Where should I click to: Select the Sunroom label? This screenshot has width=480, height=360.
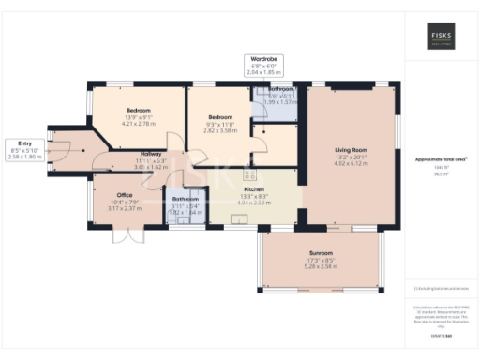click(x=321, y=253)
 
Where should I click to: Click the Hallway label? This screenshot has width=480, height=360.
click(x=150, y=154)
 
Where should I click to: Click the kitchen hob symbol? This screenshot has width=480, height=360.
click(x=250, y=174)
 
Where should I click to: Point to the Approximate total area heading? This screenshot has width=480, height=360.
click(x=441, y=159)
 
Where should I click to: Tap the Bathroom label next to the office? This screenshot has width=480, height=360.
click(x=185, y=199)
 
